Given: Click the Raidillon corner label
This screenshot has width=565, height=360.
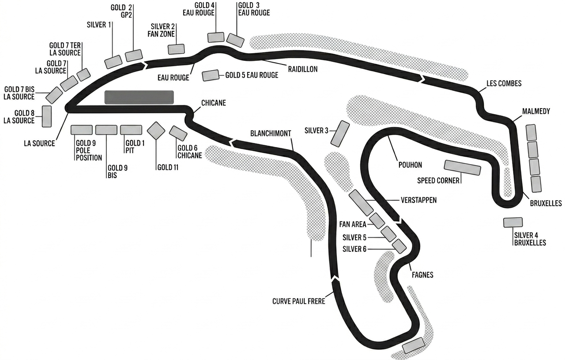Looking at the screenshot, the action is pos(303,69).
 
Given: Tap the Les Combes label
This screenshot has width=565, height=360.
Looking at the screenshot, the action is pos(504,83).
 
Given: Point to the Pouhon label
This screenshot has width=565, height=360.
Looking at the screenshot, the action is pos(410,165).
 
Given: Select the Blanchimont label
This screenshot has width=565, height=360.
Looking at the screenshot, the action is pos(271,133).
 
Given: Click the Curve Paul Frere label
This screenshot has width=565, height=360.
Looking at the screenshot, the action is pos(299,301).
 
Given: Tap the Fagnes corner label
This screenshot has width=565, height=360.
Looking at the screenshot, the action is pos(422,275).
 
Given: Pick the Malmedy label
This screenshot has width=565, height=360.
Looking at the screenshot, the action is pos(536,111).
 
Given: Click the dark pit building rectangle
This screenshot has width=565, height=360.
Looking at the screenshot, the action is pos(139,97).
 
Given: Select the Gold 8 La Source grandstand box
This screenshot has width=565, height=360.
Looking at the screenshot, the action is pos(47,116).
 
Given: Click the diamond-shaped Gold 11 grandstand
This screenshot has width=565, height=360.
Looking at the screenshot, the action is pos(156,131).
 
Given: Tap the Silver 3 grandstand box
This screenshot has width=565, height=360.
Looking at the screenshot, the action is pos(340,134).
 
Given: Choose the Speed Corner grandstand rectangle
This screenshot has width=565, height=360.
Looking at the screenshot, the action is pos(462,168).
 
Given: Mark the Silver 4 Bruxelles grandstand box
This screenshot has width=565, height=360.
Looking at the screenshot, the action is pos(513,222).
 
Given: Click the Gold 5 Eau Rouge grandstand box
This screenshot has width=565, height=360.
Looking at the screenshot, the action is pos(211,75).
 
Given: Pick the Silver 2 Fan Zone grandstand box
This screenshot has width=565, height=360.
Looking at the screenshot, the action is pos(176,49).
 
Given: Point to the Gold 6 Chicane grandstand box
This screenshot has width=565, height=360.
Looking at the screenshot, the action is pos(178,133).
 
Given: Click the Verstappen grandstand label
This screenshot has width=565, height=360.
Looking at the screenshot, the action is pos(419,200).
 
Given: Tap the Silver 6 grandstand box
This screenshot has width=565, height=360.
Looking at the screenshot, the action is pos(399,246).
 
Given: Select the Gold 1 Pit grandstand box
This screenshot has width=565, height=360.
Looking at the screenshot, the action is pos(131,130).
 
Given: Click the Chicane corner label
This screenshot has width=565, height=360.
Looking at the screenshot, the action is pos(213,103).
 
